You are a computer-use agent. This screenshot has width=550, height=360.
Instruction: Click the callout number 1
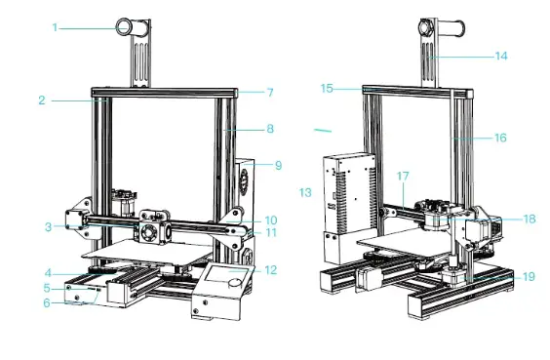[x=55, y=27]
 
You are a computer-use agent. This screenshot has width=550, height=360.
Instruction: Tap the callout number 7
[x=270, y=93]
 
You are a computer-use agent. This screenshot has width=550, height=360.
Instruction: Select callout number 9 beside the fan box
[x=278, y=165]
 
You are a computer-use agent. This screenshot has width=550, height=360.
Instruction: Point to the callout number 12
[x=271, y=270]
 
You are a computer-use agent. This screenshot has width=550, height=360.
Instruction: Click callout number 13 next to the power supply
[x=305, y=192]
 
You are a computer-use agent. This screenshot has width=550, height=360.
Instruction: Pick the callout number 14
[x=501, y=57]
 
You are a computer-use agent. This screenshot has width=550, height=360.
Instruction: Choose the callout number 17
[x=403, y=176]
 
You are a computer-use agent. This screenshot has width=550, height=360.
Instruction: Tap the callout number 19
[x=529, y=277]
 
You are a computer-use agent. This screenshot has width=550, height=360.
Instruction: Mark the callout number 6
[x=47, y=302]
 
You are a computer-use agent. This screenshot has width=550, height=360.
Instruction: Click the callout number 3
[x=49, y=227]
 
